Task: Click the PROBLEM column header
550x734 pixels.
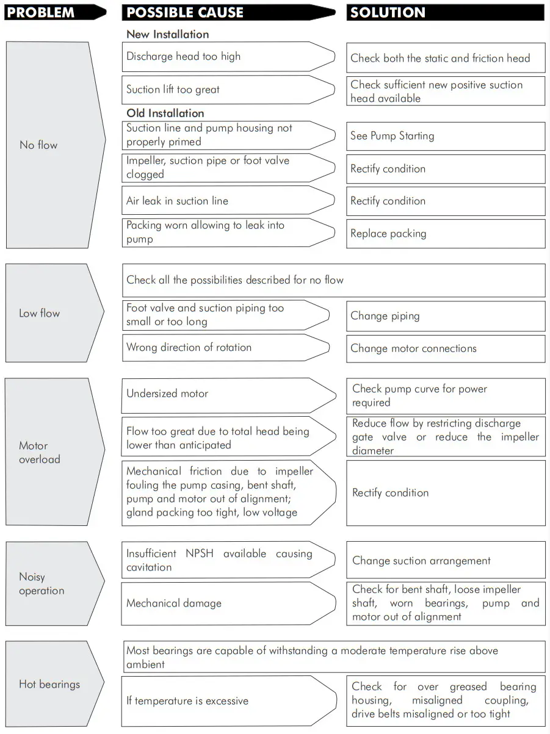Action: [40, 12]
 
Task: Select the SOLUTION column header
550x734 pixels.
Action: [387, 12]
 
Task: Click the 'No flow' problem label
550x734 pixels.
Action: [38, 145]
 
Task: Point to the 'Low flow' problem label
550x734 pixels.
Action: [40, 314]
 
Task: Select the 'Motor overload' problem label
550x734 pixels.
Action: [40, 453]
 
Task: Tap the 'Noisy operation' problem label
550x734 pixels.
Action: [42, 584]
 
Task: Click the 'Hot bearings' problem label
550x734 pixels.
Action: [49, 684]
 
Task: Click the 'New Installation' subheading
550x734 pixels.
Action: [167, 35]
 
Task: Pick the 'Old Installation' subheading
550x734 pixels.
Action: [165, 113]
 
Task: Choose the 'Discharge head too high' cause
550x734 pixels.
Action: [183, 57]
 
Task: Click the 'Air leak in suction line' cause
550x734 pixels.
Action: [177, 201]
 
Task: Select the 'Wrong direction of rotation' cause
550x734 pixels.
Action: [189, 348]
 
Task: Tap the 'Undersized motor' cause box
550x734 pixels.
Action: [167, 394]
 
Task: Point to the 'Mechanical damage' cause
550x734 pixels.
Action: [174, 603]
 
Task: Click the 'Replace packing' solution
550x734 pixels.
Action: [388, 234]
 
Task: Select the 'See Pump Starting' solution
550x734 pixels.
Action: [392, 136]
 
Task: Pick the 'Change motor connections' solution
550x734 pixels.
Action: [413, 348]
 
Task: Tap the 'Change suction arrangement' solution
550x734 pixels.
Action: [421, 561]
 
